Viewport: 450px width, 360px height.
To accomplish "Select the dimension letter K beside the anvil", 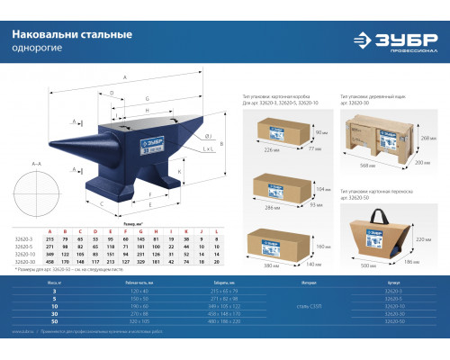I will [x=181, y=170].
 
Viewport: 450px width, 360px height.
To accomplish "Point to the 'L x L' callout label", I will [x=208, y=148].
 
